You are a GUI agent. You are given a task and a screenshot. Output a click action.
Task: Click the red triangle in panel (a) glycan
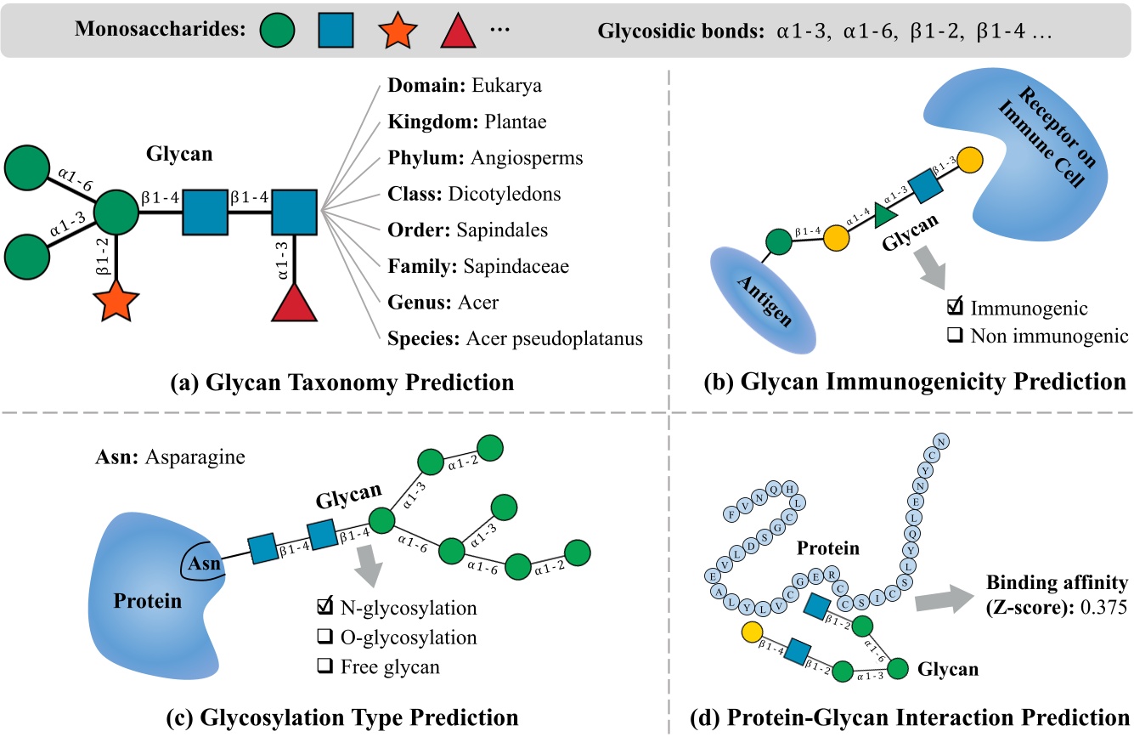click(295, 303)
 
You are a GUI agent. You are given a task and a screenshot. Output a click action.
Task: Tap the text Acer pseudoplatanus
click(554, 338)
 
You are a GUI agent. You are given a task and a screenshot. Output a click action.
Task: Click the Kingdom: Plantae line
click(466, 122)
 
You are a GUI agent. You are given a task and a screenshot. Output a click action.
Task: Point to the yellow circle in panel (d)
click(750, 632)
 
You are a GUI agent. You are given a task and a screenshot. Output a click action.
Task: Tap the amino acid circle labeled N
click(941, 440)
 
